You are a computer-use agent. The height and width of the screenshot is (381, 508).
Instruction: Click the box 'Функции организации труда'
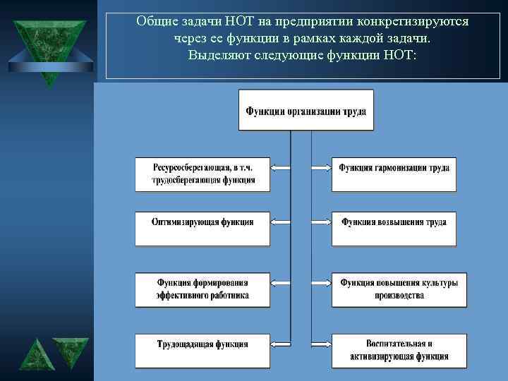pos(306,110)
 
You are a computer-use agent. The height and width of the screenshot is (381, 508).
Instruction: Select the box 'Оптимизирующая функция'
pos(202,229)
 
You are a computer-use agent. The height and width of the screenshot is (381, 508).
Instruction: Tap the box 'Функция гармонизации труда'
pos(394,174)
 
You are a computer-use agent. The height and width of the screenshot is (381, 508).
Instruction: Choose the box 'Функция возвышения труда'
pos(394,229)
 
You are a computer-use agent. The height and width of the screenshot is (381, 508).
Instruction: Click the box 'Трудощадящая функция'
pos(202,351)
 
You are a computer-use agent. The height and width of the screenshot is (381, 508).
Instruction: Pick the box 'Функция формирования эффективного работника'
pos(202,289)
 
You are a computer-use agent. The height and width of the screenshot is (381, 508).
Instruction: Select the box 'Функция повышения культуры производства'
pos(399,289)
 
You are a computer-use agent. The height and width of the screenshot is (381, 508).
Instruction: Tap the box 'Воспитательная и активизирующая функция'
pos(399,351)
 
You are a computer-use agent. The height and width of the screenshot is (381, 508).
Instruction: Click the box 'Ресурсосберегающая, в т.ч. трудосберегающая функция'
pos(202,174)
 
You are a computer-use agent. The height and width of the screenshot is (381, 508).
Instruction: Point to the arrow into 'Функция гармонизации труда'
pos(322,168)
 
